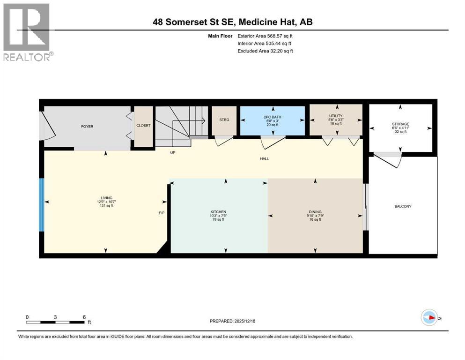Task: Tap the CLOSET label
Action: point(143,126)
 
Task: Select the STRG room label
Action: point(224,120)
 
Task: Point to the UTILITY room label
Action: point(336,116)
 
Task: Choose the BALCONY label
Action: point(403,206)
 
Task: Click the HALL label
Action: point(265,158)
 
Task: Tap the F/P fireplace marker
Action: point(162,212)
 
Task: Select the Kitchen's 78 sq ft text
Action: point(218,219)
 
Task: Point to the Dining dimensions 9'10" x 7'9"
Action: point(315,216)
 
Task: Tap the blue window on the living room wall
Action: point(42,204)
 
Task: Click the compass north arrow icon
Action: point(429,318)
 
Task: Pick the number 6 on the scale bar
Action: point(84,317)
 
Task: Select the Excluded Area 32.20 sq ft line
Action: point(265,51)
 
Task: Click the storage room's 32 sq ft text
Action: point(400,132)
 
